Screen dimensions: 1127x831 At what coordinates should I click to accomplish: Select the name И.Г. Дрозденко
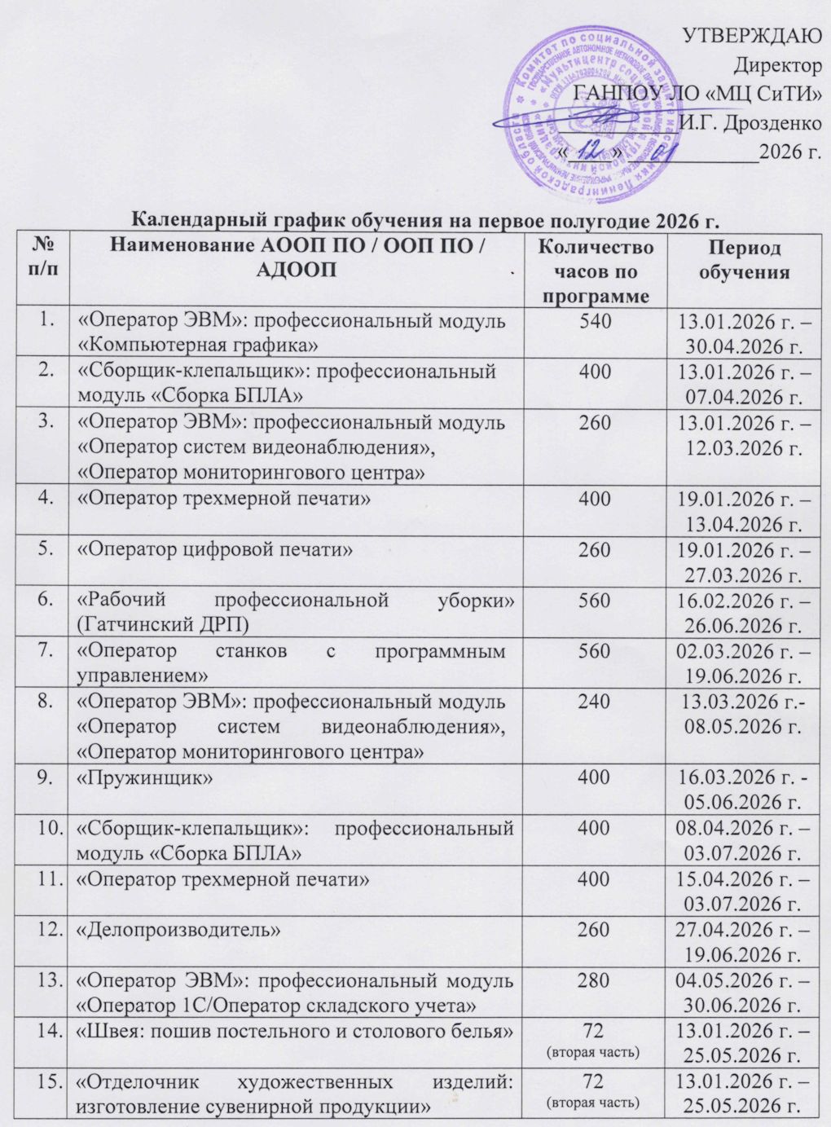pyautogui.click(x=750, y=123)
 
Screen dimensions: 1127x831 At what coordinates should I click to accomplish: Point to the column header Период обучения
pyautogui.click(x=744, y=259)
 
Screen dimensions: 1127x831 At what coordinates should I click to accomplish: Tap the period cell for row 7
pyautogui.click(x=744, y=664)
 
